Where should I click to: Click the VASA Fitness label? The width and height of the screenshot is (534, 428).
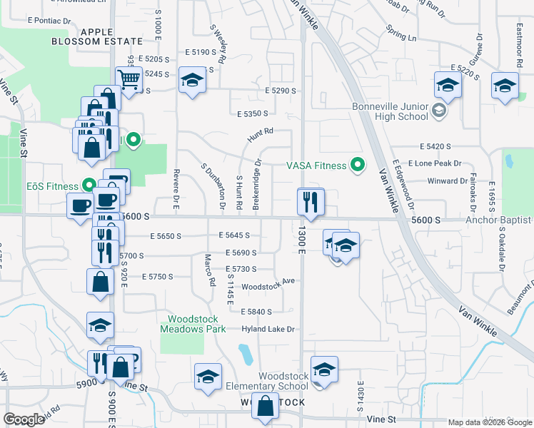point(316,165)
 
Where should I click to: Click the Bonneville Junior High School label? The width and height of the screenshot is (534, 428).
point(390,111)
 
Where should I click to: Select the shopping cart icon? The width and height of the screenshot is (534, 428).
point(129,79)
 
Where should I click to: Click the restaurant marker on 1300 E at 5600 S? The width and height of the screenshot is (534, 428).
point(310,202)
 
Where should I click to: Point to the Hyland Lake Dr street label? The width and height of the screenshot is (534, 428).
point(268,329)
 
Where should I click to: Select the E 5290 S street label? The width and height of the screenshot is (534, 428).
point(280,91)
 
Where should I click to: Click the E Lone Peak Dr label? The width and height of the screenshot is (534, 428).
point(435,163)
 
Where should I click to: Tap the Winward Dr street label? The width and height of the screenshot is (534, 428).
point(447,181)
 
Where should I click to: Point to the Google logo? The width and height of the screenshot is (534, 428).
point(24,419)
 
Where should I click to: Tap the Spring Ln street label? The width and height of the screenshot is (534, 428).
point(400,33)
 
